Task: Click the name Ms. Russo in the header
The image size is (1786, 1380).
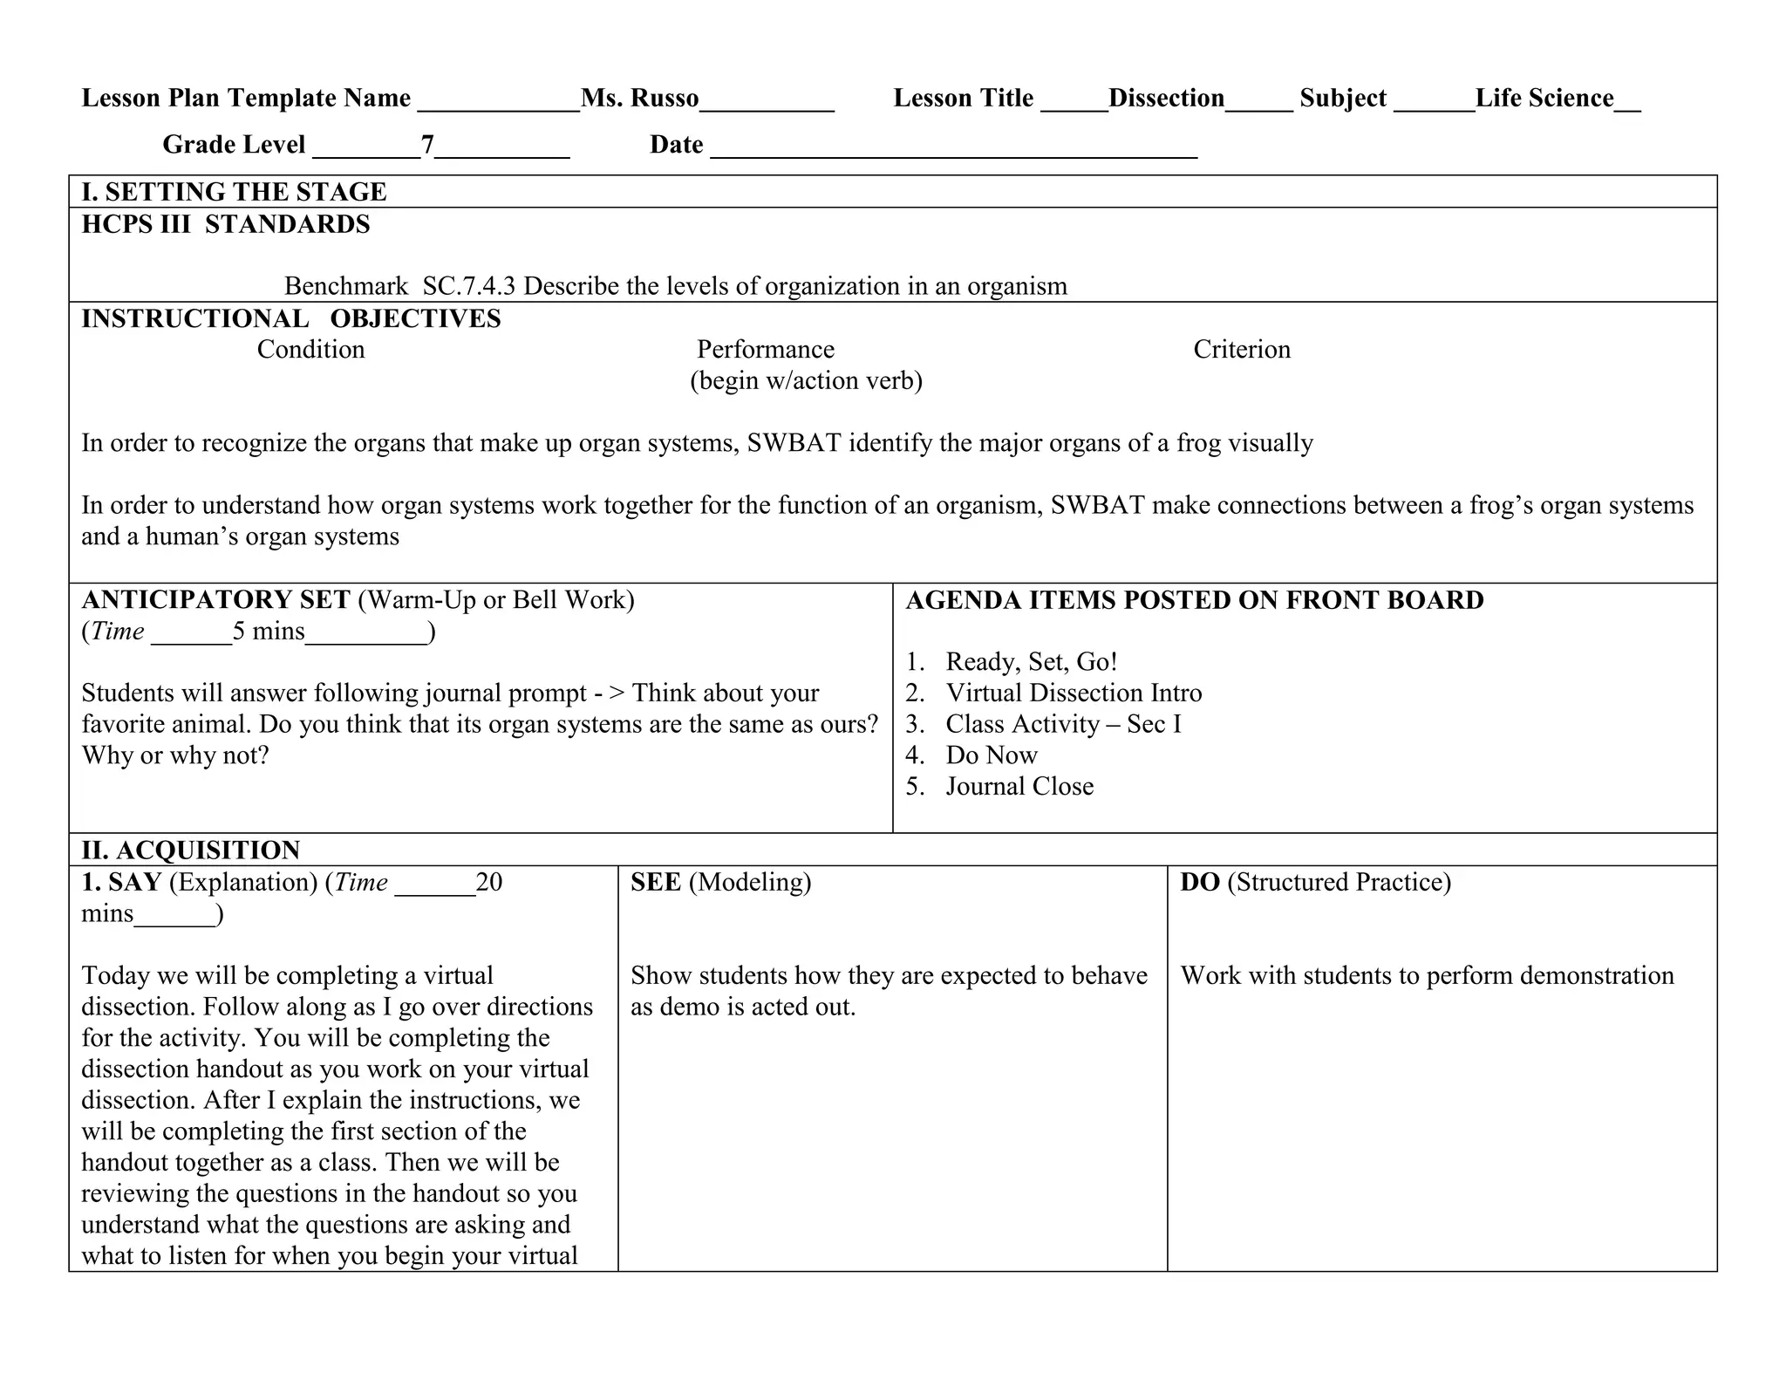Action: (x=639, y=98)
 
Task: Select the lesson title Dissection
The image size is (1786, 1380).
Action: (x=1166, y=98)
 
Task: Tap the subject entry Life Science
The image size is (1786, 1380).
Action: (x=1544, y=98)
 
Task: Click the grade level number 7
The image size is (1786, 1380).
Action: (x=427, y=144)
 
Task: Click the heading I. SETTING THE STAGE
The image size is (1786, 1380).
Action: (x=234, y=192)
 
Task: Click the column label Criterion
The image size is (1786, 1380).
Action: (x=1241, y=349)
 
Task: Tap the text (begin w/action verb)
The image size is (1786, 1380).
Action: (x=806, y=380)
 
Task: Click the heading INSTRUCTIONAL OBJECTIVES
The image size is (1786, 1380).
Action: (x=290, y=318)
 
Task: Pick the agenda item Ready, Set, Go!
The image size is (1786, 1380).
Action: (x=1031, y=661)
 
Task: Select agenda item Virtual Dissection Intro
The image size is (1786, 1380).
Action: (x=1074, y=693)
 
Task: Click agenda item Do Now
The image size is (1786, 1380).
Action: (x=992, y=755)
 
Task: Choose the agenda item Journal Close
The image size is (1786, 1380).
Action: (x=1019, y=786)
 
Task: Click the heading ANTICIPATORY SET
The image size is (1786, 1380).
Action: (x=215, y=599)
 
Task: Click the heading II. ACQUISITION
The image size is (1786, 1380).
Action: (x=190, y=850)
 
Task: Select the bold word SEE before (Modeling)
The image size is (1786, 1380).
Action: (x=655, y=882)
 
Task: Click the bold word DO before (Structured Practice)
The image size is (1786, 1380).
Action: (x=1199, y=882)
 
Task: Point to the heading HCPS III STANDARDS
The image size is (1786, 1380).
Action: (x=225, y=224)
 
